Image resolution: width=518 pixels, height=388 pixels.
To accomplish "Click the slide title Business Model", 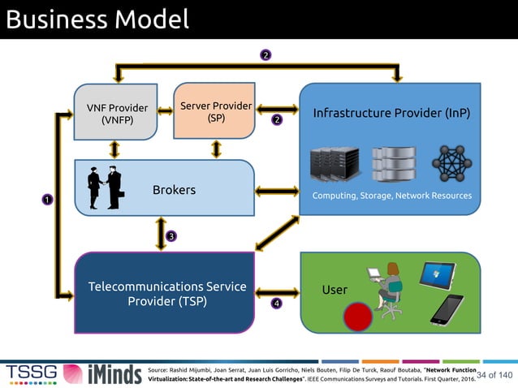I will point(96,19).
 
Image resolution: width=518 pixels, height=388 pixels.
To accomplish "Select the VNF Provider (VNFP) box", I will point(117,114).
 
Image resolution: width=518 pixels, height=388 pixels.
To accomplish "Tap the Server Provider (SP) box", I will point(215,111).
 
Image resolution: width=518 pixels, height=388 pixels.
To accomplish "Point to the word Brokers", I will point(174,190).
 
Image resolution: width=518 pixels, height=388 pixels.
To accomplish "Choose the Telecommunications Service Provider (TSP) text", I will point(166,294).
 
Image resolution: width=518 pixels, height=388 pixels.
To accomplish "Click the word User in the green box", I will point(335,290).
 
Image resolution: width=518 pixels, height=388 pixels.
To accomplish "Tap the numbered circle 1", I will point(47,199).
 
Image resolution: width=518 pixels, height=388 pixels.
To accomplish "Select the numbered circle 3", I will point(171,236).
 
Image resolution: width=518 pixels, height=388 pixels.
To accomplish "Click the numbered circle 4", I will point(276,304).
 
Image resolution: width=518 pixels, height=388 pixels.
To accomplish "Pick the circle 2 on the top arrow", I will point(265,55).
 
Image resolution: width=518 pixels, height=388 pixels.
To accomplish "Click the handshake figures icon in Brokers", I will point(106,188).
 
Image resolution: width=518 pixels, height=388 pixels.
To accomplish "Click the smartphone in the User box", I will point(446,310).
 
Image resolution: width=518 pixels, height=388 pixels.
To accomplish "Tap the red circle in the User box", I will point(356,317).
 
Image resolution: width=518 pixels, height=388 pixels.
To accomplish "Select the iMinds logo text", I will point(106,373).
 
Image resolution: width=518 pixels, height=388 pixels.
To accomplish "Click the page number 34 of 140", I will point(494,374).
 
